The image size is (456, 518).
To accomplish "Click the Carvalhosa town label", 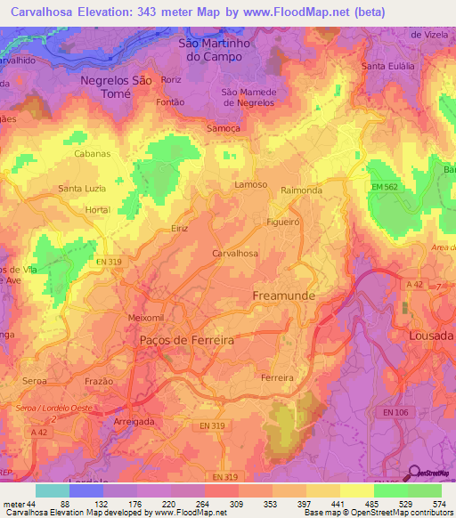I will pos(235,254).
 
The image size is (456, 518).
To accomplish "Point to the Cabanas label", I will pos(92,153).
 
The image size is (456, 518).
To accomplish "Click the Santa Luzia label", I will pos(82,189).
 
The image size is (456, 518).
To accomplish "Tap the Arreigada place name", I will pos(136,420).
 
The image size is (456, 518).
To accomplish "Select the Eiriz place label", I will pos(180,229).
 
